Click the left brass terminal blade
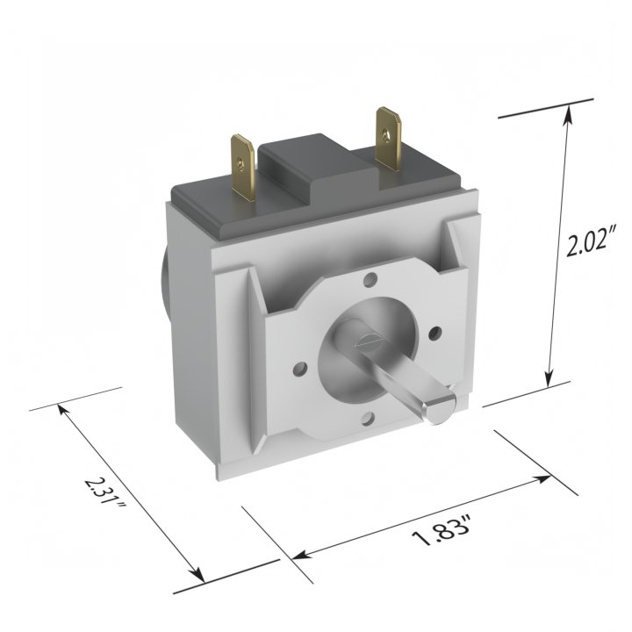pos(242,168)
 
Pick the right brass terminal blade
pos(388,139)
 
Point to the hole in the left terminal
pos(241,163)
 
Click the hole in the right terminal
pos(386,135)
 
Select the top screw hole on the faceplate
pos(370,279)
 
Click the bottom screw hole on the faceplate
pos(367,420)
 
